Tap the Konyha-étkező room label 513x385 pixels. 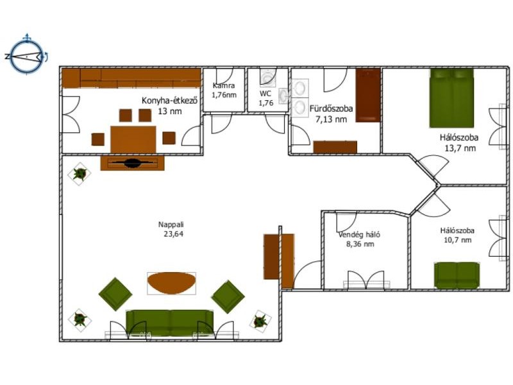tap(169, 100)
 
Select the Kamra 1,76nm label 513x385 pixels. tap(224, 90)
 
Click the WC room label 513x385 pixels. tap(265, 94)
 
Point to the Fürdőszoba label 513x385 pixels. tap(331, 108)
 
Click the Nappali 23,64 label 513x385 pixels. tap(171, 229)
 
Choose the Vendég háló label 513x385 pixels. tap(359, 234)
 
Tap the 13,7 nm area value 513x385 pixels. tap(460, 148)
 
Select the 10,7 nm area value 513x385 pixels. tap(457, 240)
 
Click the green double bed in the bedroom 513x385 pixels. tap(451, 98)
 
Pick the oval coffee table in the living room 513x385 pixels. tap(171, 283)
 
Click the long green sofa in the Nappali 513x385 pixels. tap(170, 323)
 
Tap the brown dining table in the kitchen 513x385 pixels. tap(133, 139)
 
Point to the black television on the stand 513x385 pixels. tap(132, 163)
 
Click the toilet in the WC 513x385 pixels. tap(268, 77)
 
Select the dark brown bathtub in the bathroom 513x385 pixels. tap(368, 95)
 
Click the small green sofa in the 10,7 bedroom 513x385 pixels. tap(457, 275)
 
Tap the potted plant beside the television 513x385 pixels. tap(80, 173)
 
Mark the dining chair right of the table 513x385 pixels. tap(169, 138)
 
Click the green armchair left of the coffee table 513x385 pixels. tap(115, 294)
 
